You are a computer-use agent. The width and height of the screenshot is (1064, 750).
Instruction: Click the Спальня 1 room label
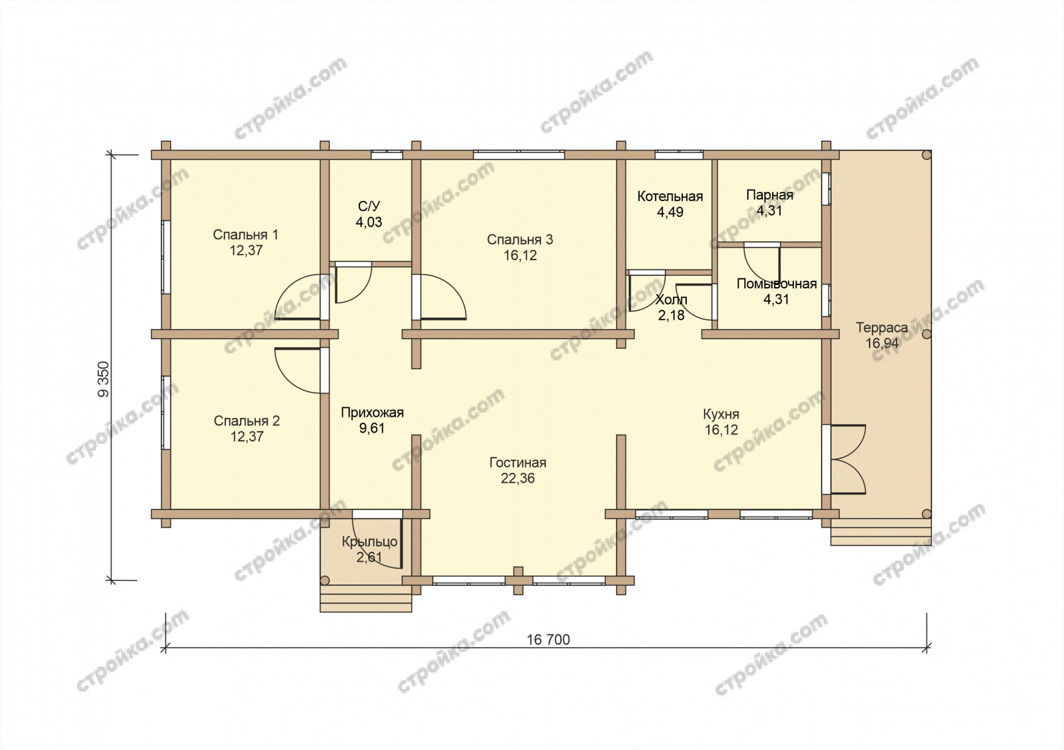[245, 235]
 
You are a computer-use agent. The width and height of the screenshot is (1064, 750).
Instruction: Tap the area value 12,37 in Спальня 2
[246, 437]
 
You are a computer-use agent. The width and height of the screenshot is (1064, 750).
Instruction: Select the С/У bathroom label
[369, 206]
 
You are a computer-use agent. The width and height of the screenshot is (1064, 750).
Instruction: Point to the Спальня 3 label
[520, 239]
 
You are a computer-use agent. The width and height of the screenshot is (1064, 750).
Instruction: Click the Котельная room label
[670, 196]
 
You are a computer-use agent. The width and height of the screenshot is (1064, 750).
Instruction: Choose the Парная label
[770, 195]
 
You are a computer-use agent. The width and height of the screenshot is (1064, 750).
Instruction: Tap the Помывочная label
[776, 284]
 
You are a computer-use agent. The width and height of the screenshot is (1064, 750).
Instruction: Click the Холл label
[672, 300]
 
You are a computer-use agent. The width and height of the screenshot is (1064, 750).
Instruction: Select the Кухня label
[721, 414]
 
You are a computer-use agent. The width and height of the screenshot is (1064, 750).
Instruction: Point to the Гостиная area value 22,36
[518, 478]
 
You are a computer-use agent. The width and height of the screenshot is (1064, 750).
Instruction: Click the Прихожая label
[372, 413]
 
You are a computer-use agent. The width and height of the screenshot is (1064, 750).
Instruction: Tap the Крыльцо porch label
[369, 542]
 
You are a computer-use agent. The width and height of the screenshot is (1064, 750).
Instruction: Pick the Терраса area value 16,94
[882, 343]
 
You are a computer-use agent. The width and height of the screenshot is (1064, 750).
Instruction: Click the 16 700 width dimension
[549, 639]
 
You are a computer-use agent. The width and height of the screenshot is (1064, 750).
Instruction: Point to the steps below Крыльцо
[366, 599]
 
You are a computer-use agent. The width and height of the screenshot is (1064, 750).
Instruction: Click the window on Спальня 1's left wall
[166, 257]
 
